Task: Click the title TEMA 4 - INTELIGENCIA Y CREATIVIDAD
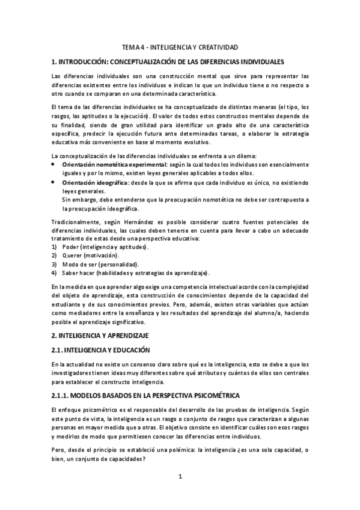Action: (x=180, y=46)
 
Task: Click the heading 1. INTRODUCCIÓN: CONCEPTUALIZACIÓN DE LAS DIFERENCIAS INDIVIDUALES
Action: (x=168, y=62)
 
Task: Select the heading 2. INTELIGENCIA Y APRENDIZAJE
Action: (x=100, y=334)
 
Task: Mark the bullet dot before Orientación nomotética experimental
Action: (x=53, y=164)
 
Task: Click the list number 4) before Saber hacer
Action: (x=53, y=273)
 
